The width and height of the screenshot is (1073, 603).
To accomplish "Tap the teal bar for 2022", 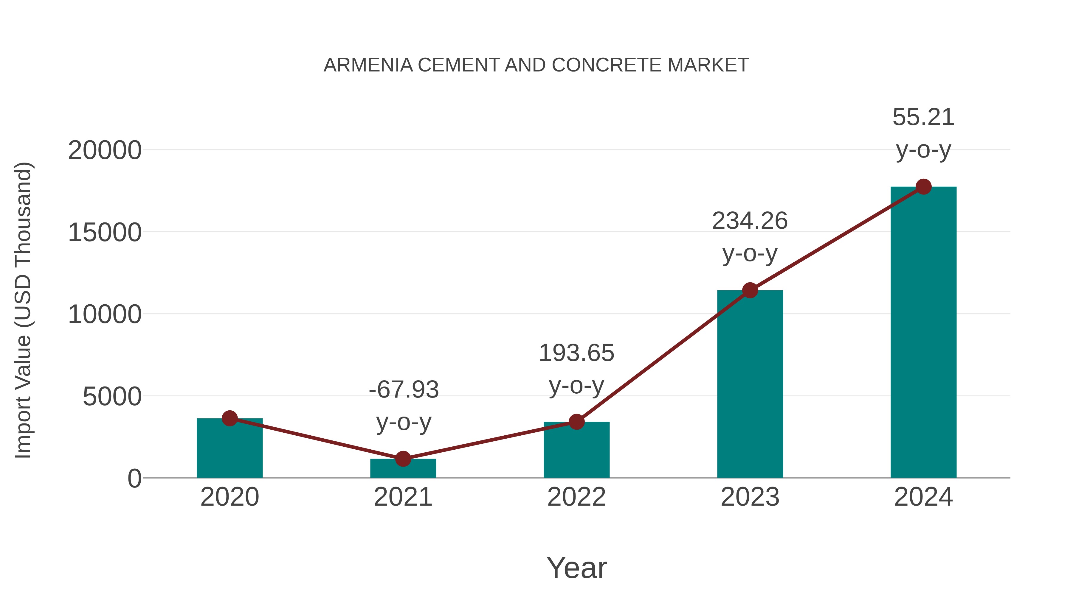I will point(576,451).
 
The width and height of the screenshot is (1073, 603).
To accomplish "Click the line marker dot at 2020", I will point(230,418).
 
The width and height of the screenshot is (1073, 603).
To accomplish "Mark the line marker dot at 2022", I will point(576,422).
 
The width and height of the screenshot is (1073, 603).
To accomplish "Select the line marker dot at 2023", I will point(750,290).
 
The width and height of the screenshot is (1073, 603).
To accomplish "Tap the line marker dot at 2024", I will point(923,187).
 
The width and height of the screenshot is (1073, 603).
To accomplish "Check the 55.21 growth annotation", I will point(923,133).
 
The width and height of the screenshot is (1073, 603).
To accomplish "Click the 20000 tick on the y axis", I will point(105,150).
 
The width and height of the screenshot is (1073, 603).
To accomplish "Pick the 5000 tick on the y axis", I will point(112,397).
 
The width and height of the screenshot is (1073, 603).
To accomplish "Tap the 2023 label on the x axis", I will point(750,497).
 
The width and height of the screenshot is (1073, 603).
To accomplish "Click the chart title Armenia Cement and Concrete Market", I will point(536,65).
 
